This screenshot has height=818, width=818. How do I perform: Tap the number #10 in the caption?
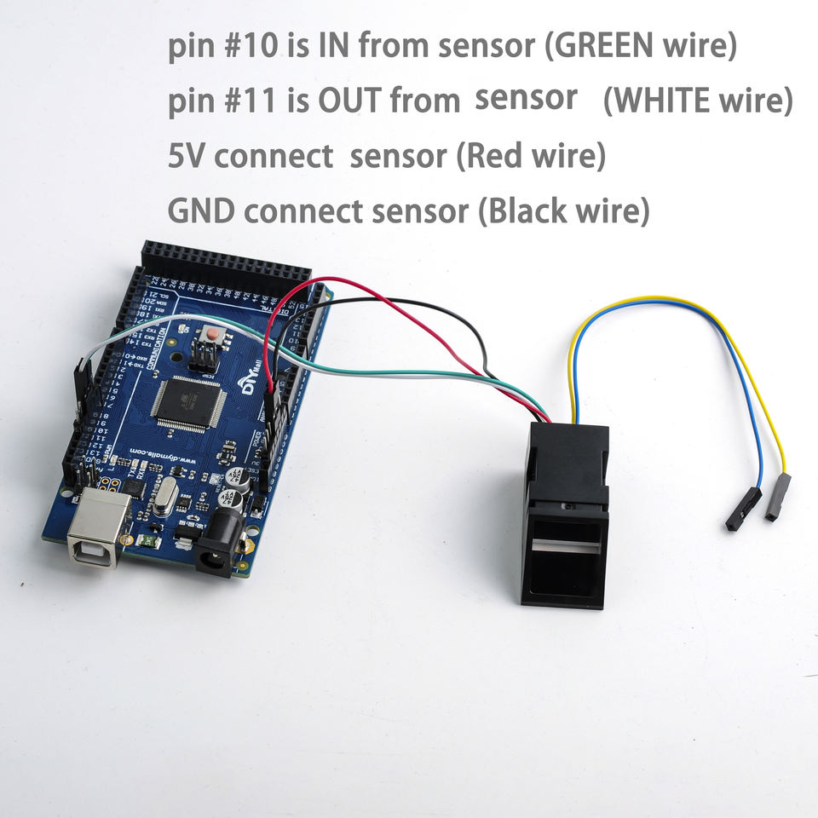pyautogui.click(x=255, y=46)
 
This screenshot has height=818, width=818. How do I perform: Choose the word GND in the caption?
pyautogui.click(x=198, y=210)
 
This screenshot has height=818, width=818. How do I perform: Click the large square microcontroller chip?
pyautogui.click(x=189, y=401)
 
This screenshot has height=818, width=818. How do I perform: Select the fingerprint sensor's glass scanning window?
pyautogui.click(x=564, y=546)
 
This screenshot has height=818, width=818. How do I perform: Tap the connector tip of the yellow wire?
pyautogui.click(x=778, y=498)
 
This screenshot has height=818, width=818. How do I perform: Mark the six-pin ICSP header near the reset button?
pyautogui.click(x=201, y=356)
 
